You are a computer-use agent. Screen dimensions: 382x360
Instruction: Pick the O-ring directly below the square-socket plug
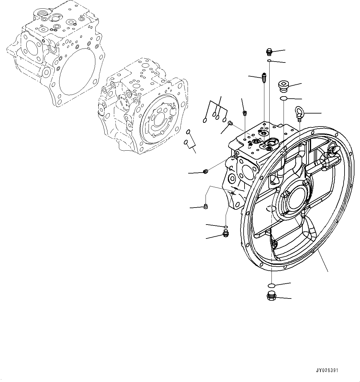click(283, 98)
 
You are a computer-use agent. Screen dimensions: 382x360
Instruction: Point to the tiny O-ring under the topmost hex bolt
click(270, 61)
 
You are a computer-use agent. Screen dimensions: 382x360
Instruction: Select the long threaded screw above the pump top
click(263, 77)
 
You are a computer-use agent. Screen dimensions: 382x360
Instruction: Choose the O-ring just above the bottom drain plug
click(271, 285)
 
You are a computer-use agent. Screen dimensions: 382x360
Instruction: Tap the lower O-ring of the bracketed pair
click(186, 142)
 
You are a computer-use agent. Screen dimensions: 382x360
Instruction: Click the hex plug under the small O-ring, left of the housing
click(226, 234)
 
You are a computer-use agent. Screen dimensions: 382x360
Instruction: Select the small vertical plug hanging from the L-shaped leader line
click(205, 207)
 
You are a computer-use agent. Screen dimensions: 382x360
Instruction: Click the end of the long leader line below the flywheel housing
click(327, 272)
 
